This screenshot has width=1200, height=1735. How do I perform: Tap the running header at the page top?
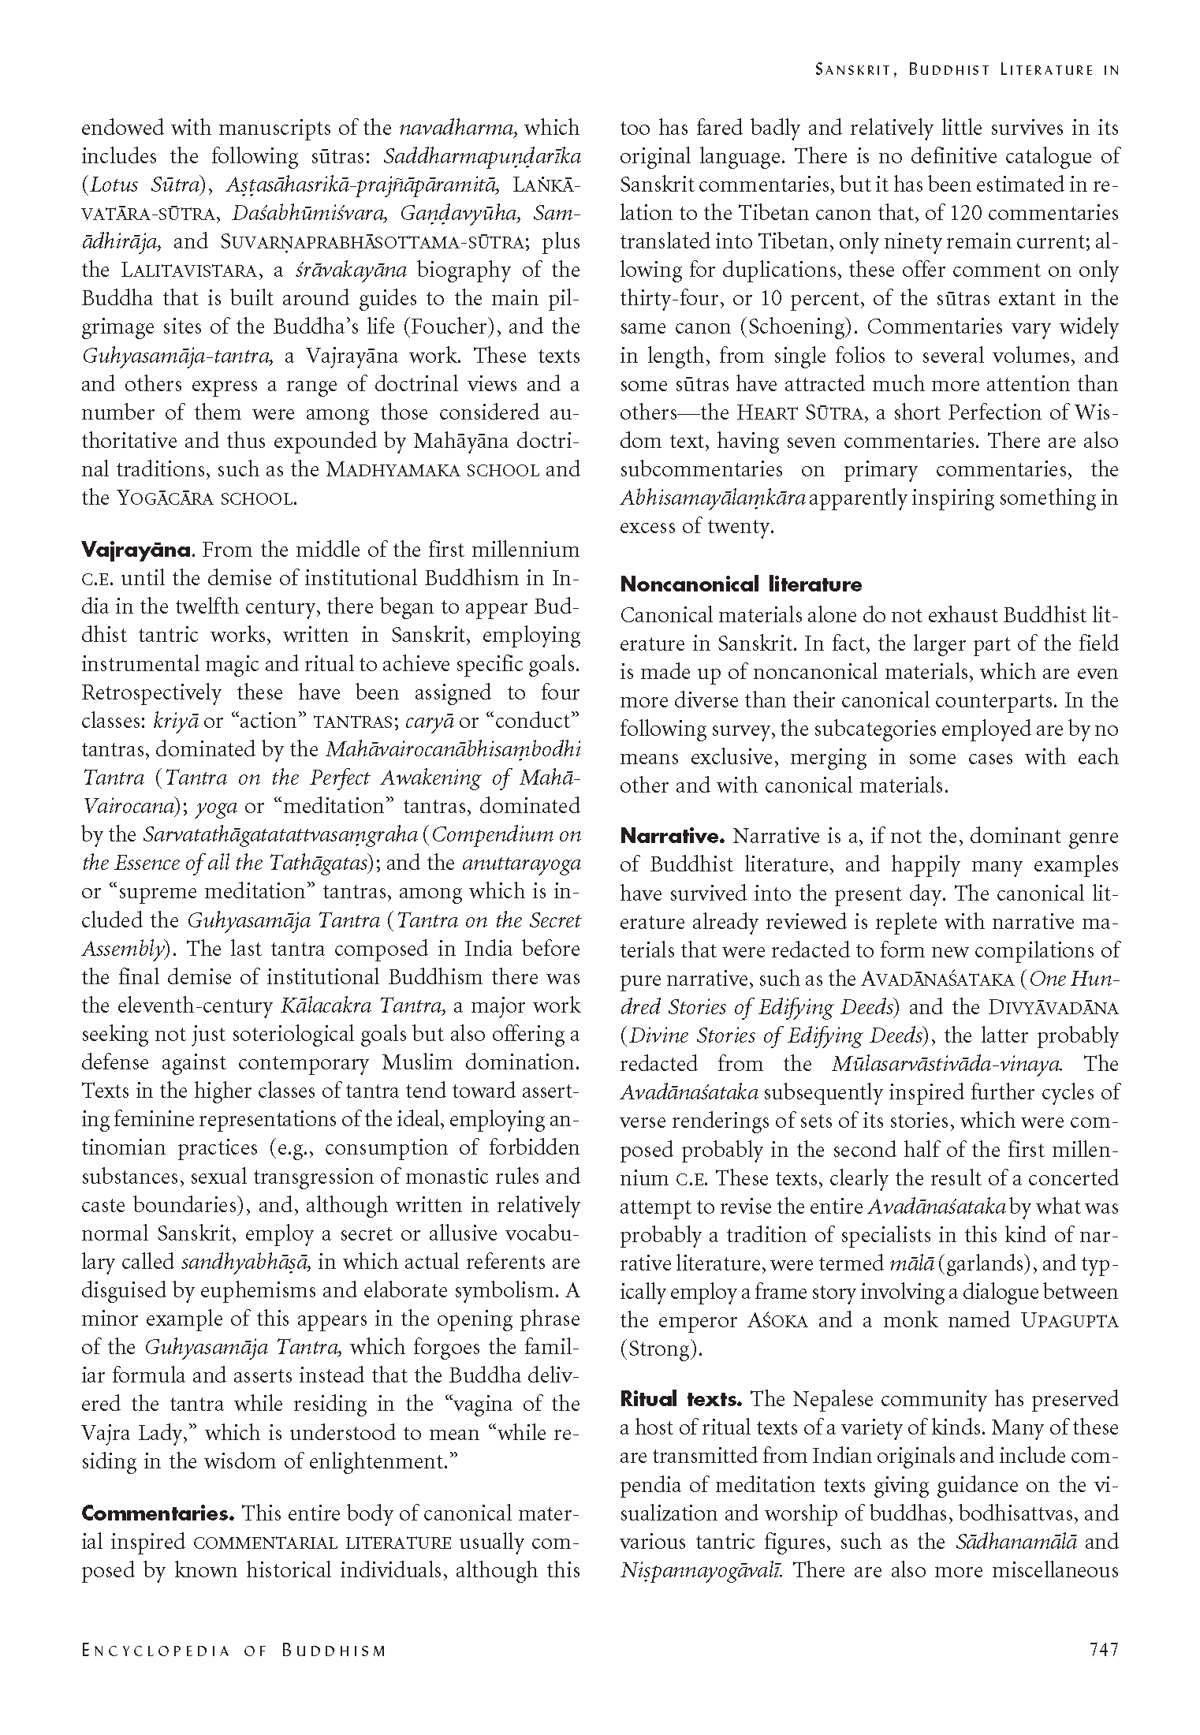tap(966, 70)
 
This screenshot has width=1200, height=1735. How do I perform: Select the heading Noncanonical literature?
tap(740, 584)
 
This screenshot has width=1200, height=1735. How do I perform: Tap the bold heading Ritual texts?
tap(680, 1399)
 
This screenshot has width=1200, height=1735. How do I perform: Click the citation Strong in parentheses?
tap(660, 1349)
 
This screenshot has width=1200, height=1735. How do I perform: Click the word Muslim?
tap(417, 1062)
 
